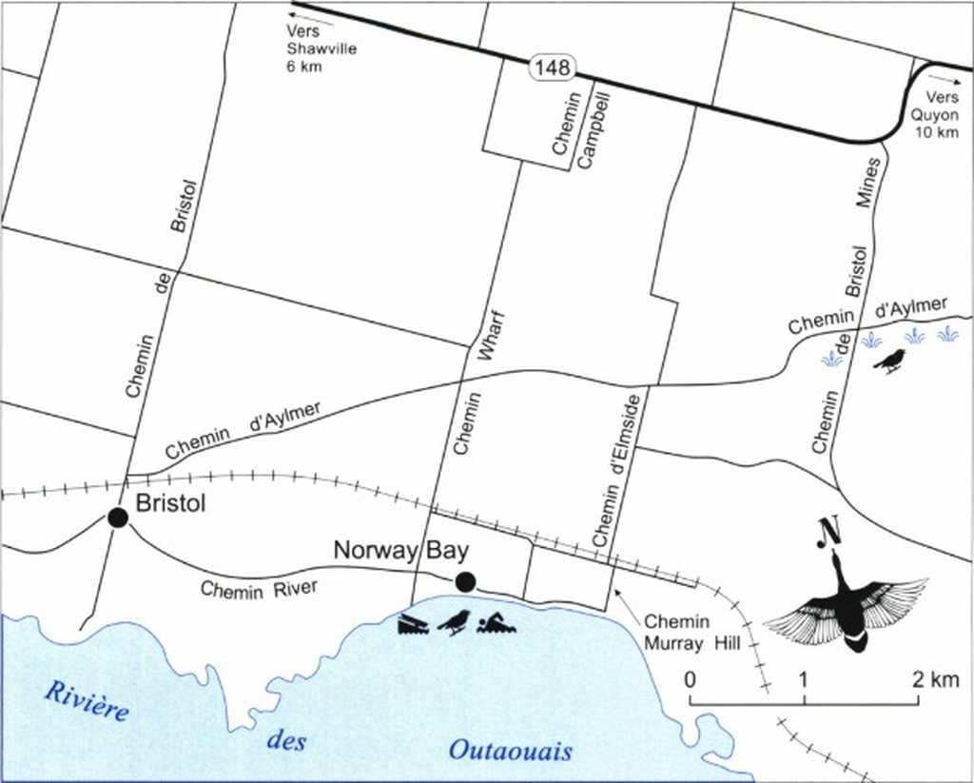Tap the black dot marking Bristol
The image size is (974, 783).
click(118, 518)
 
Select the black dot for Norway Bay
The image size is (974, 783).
click(465, 581)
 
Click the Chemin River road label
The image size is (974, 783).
click(259, 588)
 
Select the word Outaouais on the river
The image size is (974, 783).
click(511, 752)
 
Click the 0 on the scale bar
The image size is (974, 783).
click(691, 679)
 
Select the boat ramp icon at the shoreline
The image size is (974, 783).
click(416, 625)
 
